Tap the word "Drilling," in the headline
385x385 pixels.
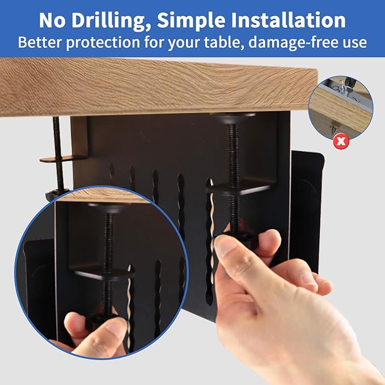112,20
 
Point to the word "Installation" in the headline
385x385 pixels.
290,20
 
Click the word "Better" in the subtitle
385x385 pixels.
43,42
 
